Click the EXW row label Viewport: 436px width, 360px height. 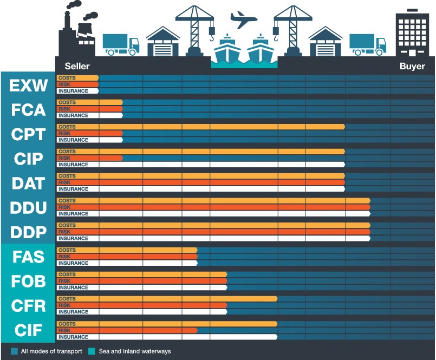tap(28, 85)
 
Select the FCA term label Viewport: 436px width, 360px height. tap(28, 109)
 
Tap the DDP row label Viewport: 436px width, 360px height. tap(28, 232)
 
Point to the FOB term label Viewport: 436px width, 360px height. tap(28, 281)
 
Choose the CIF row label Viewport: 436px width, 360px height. tap(28, 330)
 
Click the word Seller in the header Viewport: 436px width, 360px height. tap(77, 66)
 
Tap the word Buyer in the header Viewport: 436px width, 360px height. tap(412, 66)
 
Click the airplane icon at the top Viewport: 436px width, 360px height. tap(244, 20)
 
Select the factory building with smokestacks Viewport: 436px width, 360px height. tap(76, 32)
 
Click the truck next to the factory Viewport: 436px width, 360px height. tap(120, 44)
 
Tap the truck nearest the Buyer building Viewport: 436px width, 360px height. tap(367, 44)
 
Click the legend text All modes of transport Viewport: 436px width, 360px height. tap(51, 351)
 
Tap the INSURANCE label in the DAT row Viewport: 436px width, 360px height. tap(73, 189)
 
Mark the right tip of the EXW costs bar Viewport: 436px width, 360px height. tap(98, 78)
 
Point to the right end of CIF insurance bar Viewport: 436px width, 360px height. tap(276, 337)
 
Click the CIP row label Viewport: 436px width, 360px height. tap(28, 159)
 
